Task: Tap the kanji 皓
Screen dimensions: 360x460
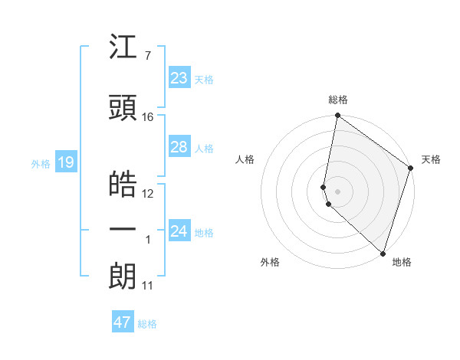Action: coord(123,185)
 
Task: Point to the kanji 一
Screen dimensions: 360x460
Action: coord(123,229)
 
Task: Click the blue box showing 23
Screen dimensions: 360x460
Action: coord(179,77)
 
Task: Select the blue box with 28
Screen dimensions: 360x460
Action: coord(179,147)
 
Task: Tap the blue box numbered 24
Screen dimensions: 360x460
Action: coord(179,231)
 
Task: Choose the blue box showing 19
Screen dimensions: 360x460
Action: coord(65,162)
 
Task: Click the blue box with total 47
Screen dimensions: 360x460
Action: coord(123,322)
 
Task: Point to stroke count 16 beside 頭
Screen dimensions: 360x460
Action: coord(148,117)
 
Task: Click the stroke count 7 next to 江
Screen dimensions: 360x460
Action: coord(147,55)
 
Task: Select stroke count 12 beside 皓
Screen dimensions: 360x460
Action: coord(148,193)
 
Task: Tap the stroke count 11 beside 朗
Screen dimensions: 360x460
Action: coord(147,286)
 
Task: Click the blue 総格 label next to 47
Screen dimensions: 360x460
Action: coord(147,324)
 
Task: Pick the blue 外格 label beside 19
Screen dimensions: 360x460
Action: coord(40,163)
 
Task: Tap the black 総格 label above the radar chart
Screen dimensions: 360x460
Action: coord(337,100)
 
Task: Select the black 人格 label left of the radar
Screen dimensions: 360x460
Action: coord(245,159)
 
